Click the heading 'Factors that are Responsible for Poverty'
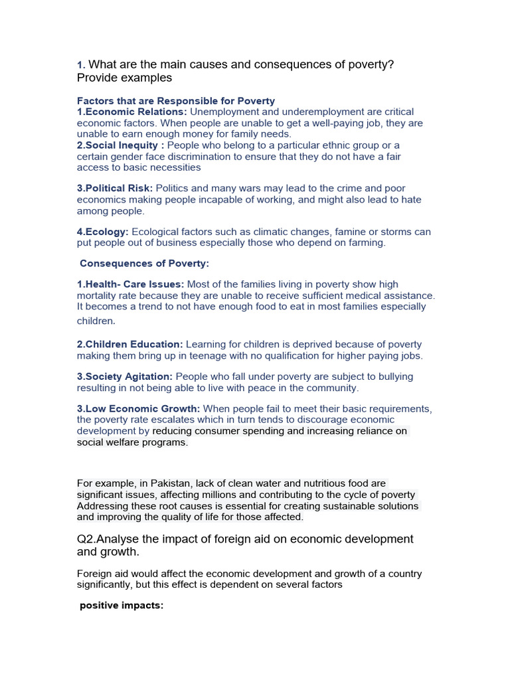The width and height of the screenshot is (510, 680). click(175, 101)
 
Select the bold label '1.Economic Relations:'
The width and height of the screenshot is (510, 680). click(132, 112)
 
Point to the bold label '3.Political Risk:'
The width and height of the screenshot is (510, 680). click(115, 189)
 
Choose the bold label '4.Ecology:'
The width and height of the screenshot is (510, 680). click(103, 232)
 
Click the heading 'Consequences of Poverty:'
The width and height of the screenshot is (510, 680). click(144, 264)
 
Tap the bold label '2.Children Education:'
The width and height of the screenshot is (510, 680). click(129, 345)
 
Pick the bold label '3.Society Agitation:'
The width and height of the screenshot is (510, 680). click(125, 377)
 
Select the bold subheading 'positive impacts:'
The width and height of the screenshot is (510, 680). click(122, 606)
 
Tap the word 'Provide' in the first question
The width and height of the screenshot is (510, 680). click(98, 78)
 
